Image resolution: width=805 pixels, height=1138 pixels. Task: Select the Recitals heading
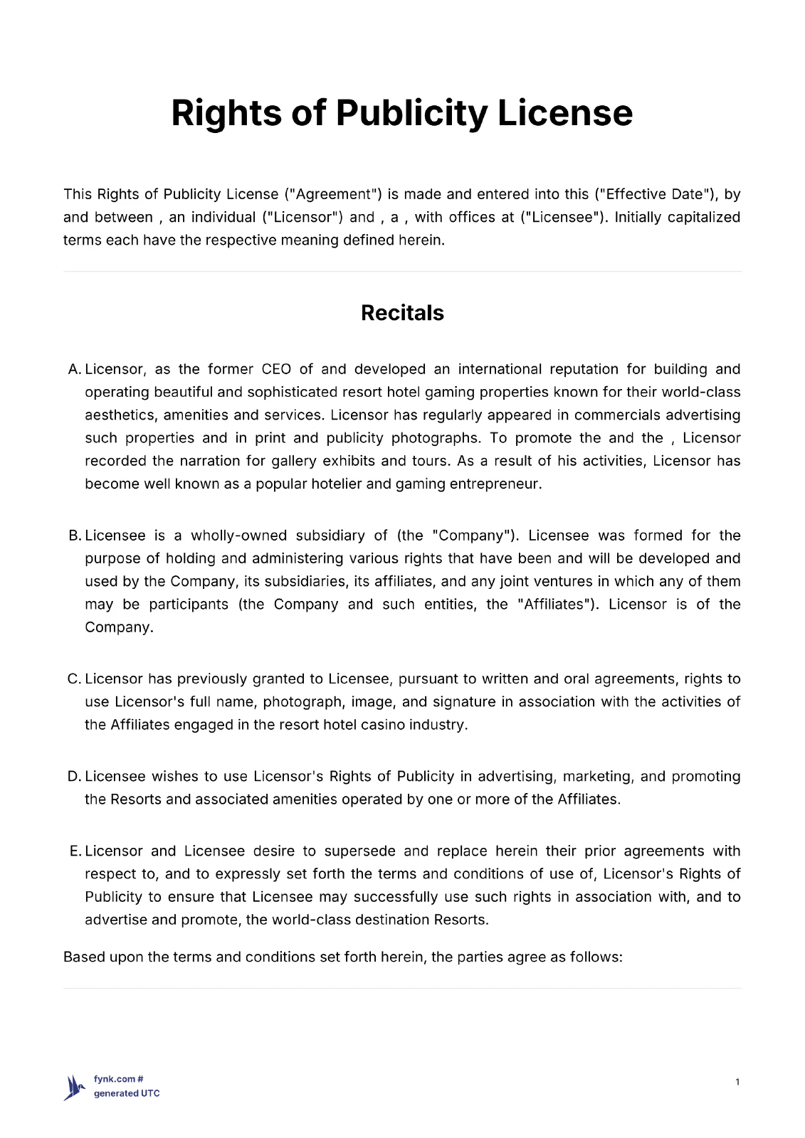coord(402,313)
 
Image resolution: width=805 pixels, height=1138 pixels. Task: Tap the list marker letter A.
coord(73,369)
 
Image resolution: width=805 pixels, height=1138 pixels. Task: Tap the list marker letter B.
coord(74,536)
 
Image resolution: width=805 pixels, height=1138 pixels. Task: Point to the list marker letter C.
coord(74,679)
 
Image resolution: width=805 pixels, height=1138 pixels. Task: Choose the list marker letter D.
coord(74,777)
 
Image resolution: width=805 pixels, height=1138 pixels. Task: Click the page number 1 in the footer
coord(737,1082)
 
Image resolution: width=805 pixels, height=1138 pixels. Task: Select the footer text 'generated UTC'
coord(127,1093)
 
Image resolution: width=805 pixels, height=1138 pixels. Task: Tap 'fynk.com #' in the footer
coord(119,1079)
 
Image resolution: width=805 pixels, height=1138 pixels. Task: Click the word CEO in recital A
coord(276,369)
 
